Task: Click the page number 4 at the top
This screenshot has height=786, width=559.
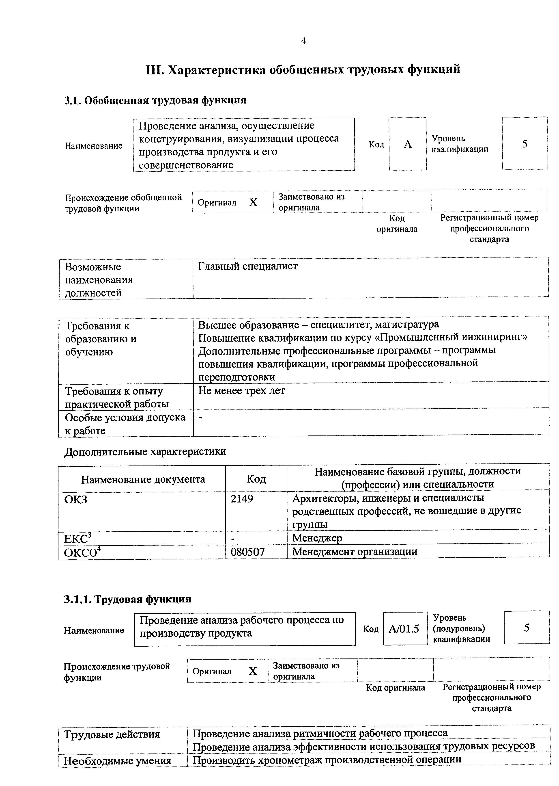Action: [x=303, y=41]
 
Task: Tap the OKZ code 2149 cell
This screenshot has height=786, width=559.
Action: [x=242, y=498]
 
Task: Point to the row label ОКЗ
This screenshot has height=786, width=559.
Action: [x=76, y=499]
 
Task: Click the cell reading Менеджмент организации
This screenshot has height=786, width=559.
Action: [x=355, y=551]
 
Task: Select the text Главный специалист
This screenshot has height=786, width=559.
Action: [x=248, y=266]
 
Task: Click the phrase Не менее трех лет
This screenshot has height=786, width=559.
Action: [x=242, y=391]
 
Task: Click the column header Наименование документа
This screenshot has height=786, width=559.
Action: [x=143, y=479]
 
